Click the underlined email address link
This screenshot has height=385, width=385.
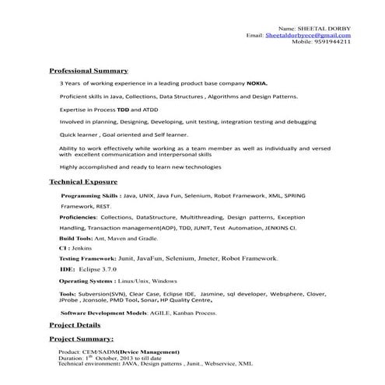pyautogui.click(x=308, y=35)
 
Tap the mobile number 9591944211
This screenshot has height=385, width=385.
pyautogui.click(x=331, y=42)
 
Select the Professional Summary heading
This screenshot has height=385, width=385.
pyautogui.click(x=83, y=70)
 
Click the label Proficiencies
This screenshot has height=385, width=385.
pyautogui.click(x=82, y=219)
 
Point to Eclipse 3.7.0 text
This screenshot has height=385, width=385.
pyautogui.click(x=101, y=268)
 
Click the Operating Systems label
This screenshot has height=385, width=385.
pyautogui.click(x=87, y=280)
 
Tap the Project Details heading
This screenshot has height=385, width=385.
pyautogui.click(x=75, y=325)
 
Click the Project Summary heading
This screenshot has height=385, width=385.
pyautogui.click(x=81, y=340)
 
